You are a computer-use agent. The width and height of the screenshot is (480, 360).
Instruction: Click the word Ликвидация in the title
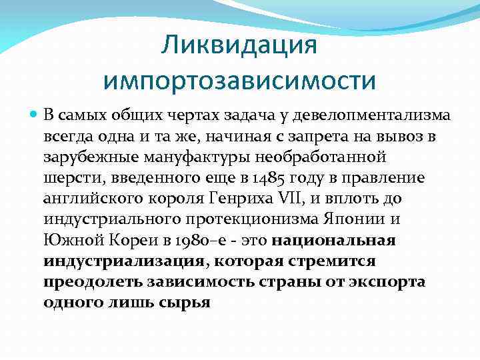point(239,46)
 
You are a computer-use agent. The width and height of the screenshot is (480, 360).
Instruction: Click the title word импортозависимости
point(239,81)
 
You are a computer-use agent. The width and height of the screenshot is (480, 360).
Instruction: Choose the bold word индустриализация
point(123,260)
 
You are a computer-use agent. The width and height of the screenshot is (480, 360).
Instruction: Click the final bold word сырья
point(185,302)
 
